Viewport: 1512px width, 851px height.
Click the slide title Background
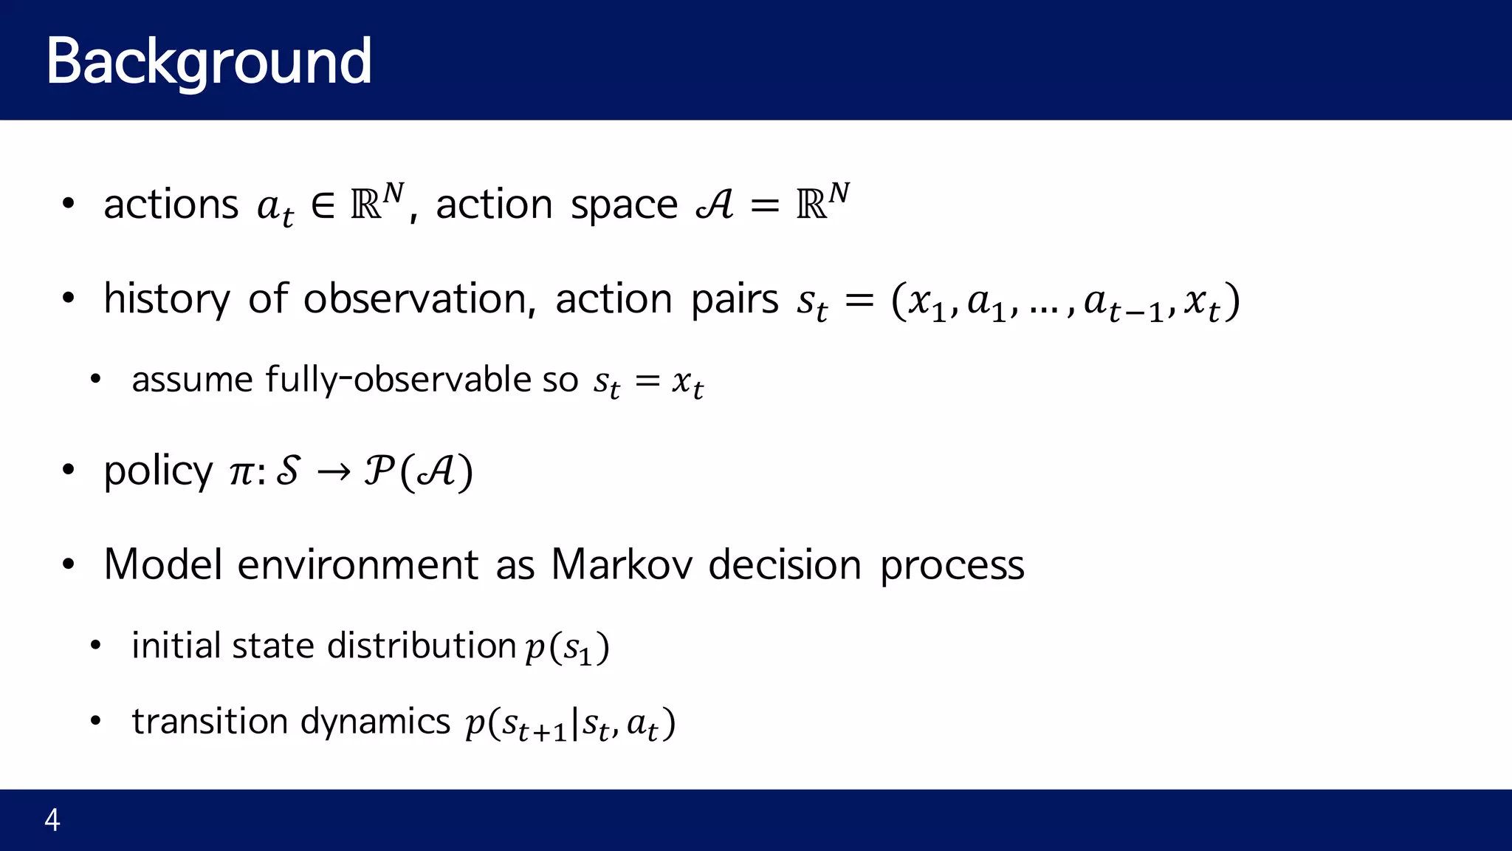pyautogui.click(x=209, y=62)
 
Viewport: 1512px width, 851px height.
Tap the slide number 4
pyautogui.click(x=52, y=820)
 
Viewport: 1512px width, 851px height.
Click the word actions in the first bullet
pyautogui.click(x=171, y=205)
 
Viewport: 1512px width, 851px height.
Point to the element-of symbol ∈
pyautogui.click(x=323, y=205)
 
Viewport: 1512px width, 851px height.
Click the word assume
pyautogui.click(x=193, y=380)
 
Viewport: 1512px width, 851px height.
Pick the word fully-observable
pyautogui.click(x=398, y=380)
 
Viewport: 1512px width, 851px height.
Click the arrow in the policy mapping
pyautogui.click(x=333, y=473)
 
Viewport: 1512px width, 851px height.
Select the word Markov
pyautogui.click(x=622, y=565)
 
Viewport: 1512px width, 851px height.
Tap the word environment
pyautogui.click(x=357, y=565)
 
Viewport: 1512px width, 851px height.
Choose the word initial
pyautogui.click(x=176, y=646)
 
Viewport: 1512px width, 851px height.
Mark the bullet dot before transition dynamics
pyautogui.click(x=95, y=721)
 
